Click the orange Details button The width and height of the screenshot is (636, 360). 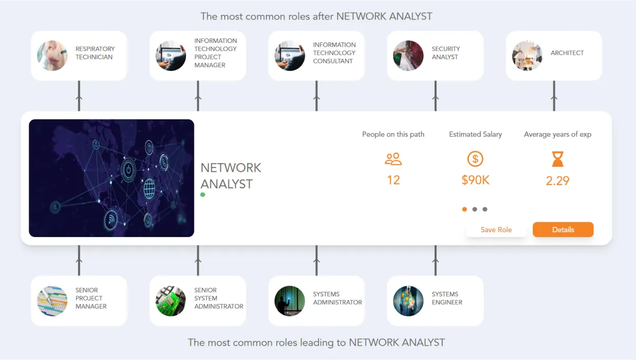563,230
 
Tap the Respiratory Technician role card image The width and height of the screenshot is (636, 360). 52,56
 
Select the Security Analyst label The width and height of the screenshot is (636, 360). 445,53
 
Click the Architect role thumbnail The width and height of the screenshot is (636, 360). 527,56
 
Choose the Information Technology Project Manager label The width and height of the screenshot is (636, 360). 215,53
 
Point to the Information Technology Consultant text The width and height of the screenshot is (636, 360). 334,53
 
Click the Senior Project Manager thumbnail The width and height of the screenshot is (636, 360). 52,301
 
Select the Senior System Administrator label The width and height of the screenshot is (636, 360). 218,298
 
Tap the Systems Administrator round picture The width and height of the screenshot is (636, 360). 290,301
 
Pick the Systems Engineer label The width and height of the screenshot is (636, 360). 447,298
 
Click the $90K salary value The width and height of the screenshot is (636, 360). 475,180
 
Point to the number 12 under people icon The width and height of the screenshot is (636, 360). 393,180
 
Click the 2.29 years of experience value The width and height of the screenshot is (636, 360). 558,181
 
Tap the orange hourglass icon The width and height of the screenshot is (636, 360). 558,159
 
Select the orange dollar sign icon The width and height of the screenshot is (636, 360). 475,159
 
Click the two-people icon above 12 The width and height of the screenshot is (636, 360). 393,159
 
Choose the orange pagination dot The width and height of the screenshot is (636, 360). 465,209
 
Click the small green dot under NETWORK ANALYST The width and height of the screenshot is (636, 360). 202,195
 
